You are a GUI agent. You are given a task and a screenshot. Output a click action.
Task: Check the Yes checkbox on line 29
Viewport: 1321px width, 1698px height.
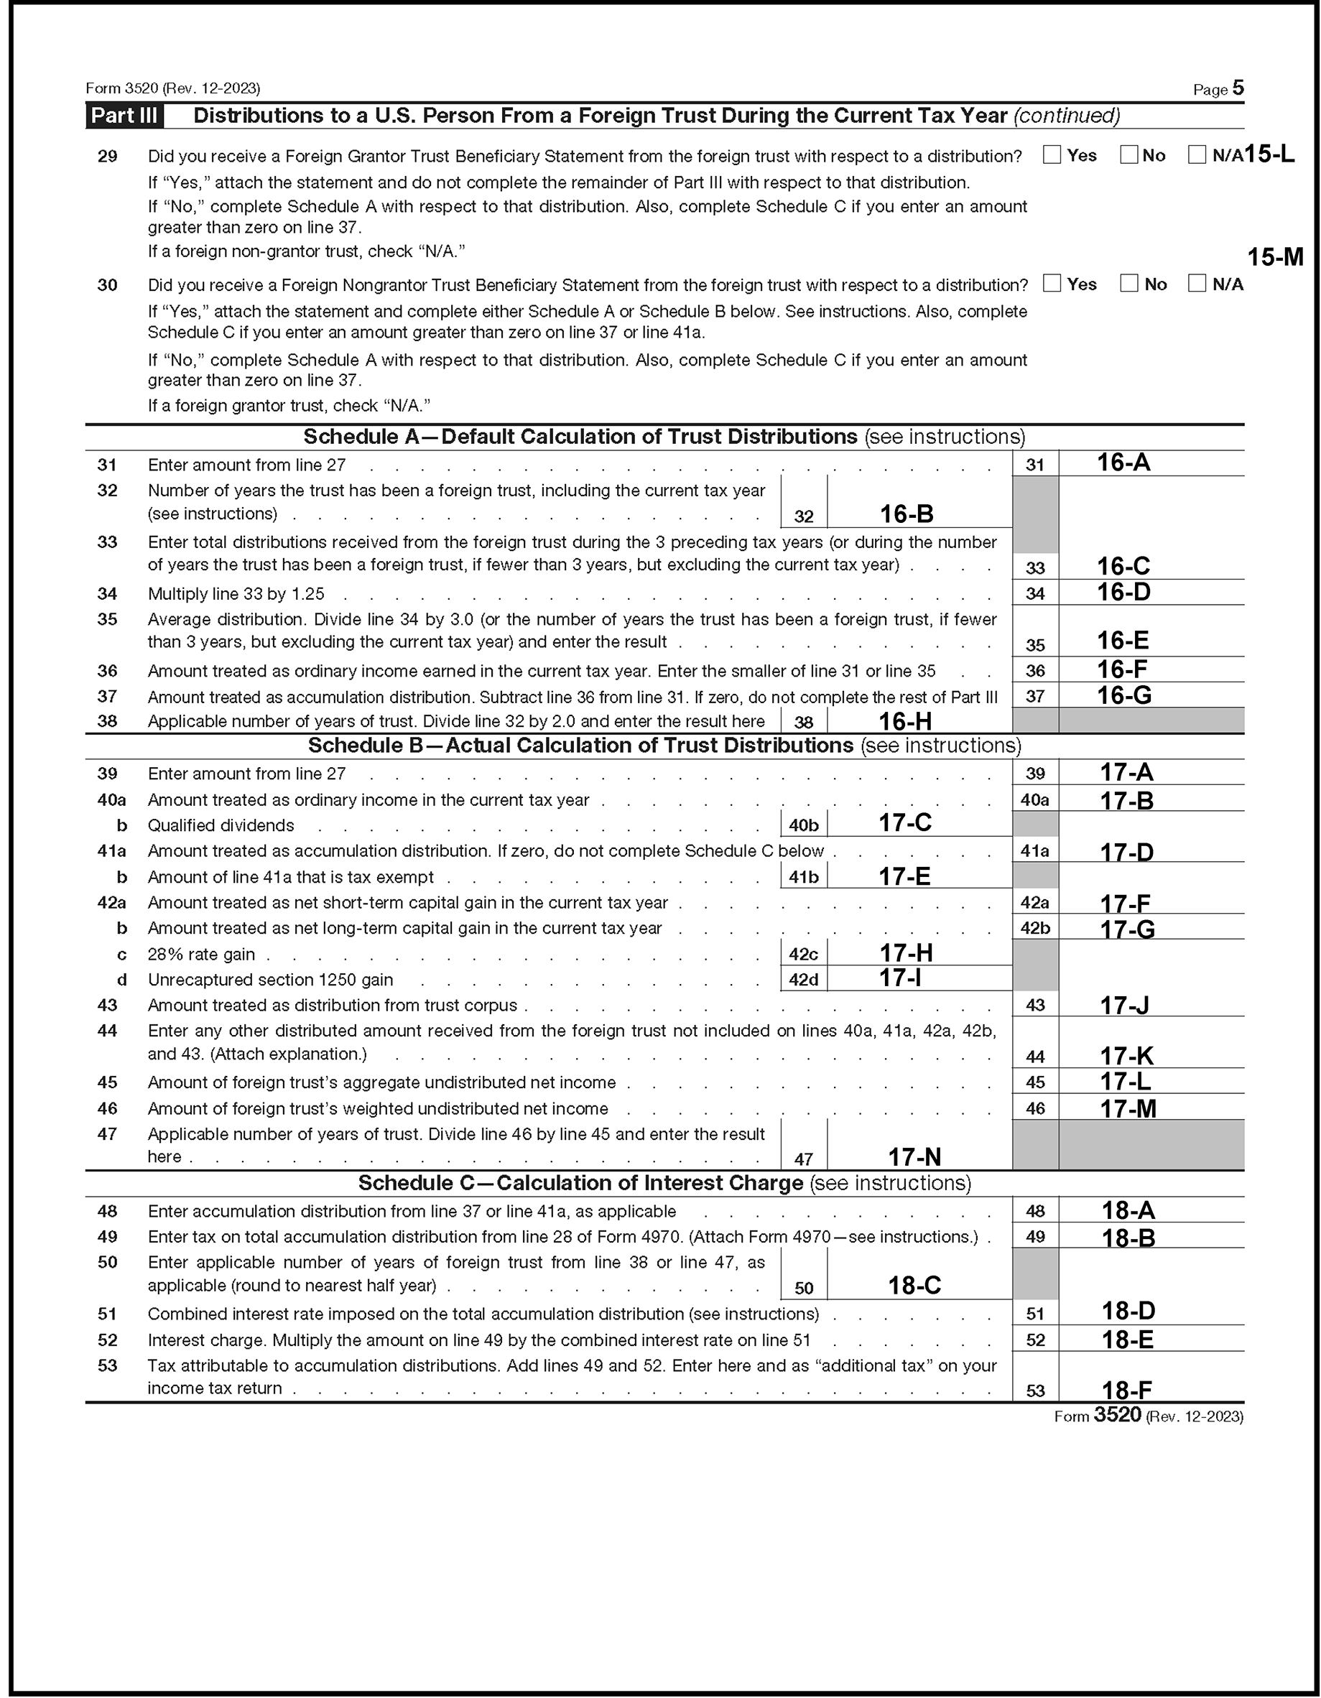[x=1052, y=155]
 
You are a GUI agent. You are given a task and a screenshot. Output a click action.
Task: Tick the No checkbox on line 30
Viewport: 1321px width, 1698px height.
[x=1129, y=284]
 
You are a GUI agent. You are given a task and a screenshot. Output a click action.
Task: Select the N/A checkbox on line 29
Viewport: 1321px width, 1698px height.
[x=1197, y=155]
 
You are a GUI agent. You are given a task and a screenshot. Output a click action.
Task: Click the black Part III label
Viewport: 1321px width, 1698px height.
[x=124, y=116]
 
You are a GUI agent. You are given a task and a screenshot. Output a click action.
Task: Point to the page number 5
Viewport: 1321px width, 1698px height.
[x=1238, y=88]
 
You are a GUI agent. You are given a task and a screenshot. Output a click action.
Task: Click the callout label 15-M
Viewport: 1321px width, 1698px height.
[x=1275, y=257]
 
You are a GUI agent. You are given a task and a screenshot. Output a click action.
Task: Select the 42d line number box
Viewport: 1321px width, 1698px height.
[x=803, y=980]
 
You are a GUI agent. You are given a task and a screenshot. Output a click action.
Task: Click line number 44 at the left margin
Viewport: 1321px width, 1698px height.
[x=107, y=1031]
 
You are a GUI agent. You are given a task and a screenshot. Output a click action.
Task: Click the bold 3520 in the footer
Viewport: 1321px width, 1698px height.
[x=1117, y=1415]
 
